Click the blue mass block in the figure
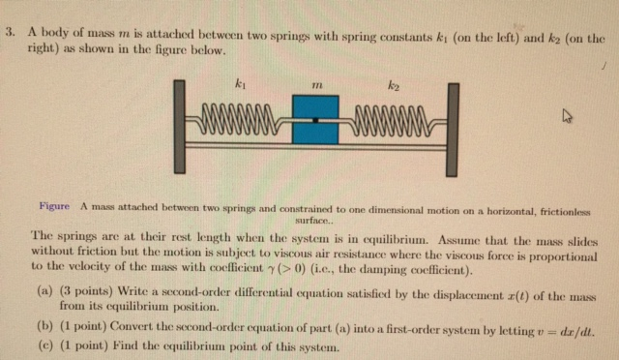point(314,119)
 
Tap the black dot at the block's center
point(314,121)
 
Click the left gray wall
point(180,130)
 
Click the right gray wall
point(451,130)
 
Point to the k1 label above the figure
point(238,86)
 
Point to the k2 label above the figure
point(393,86)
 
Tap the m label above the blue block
point(314,87)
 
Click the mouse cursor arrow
point(569,117)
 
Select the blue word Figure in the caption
point(54,206)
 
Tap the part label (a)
point(44,290)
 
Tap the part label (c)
point(44,346)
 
